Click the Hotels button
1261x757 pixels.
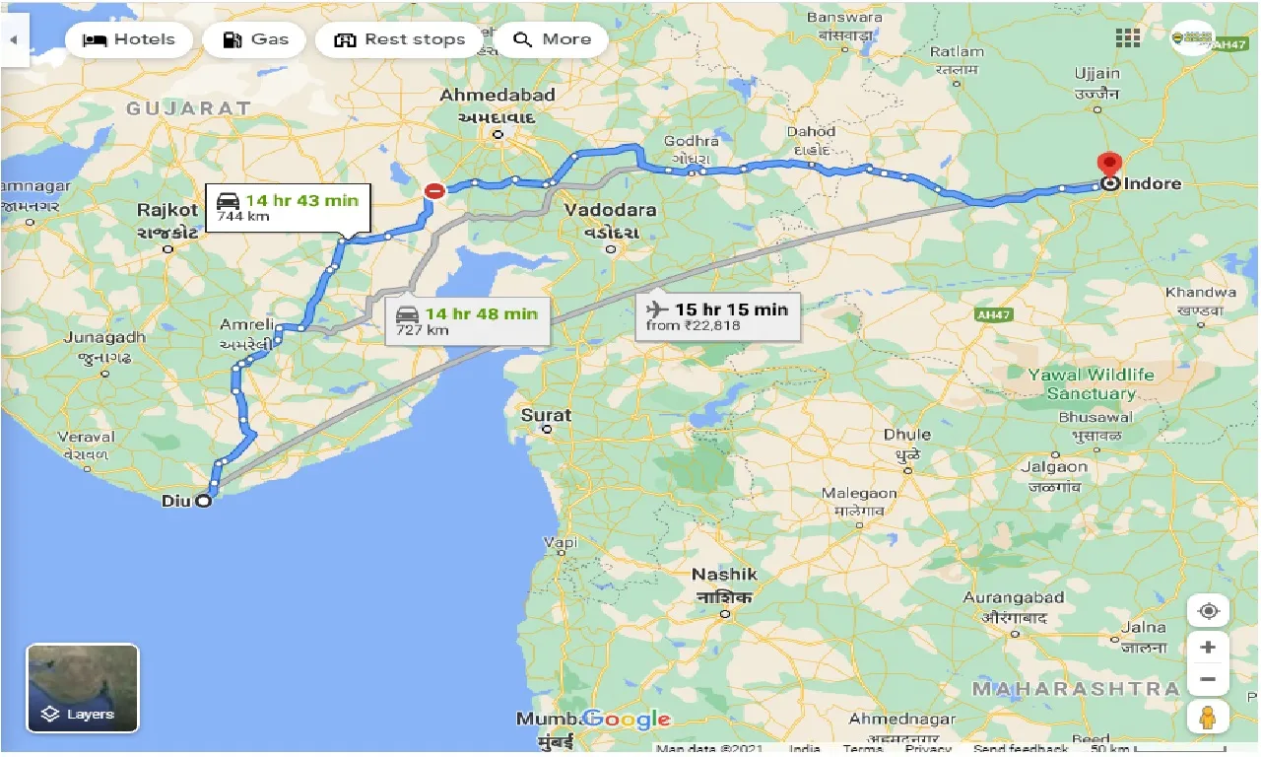[129, 39]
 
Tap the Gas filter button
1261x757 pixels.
[256, 39]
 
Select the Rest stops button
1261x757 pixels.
[400, 39]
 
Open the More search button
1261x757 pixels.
[553, 39]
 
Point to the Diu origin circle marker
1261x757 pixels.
[203, 501]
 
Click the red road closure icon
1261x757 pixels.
[432, 191]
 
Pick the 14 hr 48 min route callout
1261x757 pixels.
[467, 320]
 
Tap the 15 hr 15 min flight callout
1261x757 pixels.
[717, 315]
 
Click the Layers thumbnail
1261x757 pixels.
[83, 688]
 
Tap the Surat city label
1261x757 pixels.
[546, 415]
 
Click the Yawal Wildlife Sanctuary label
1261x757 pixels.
[1091, 383]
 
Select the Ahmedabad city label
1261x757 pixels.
[498, 96]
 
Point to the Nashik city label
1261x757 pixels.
[724, 575]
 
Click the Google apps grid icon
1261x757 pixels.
[1128, 38]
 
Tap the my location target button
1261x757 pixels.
[1208, 611]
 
